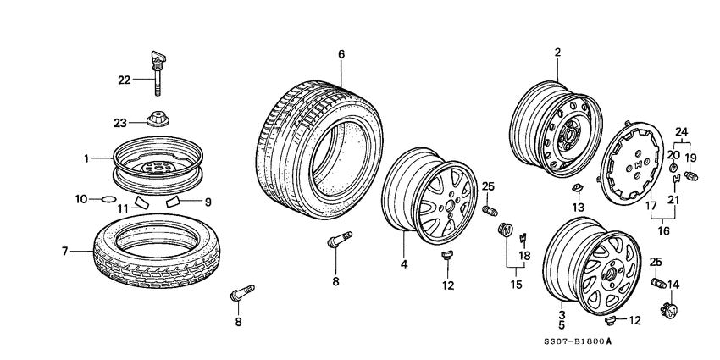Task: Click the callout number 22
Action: [124, 80]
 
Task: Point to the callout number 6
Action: [341, 54]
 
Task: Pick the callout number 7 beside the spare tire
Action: [64, 252]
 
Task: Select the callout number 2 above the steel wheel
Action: [558, 53]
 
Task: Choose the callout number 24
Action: [681, 130]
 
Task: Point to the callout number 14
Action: [673, 284]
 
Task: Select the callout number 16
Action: [664, 230]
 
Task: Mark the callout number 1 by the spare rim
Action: [86, 158]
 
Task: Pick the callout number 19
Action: [690, 158]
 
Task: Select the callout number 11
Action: [122, 208]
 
